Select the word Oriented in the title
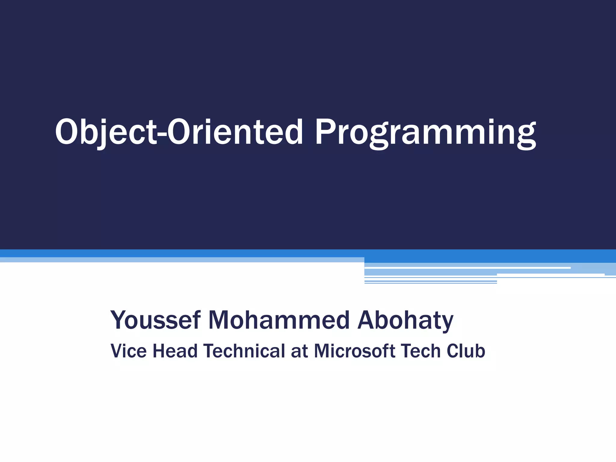[x=235, y=132]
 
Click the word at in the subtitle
[x=299, y=351]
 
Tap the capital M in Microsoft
[x=322, y=351]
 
